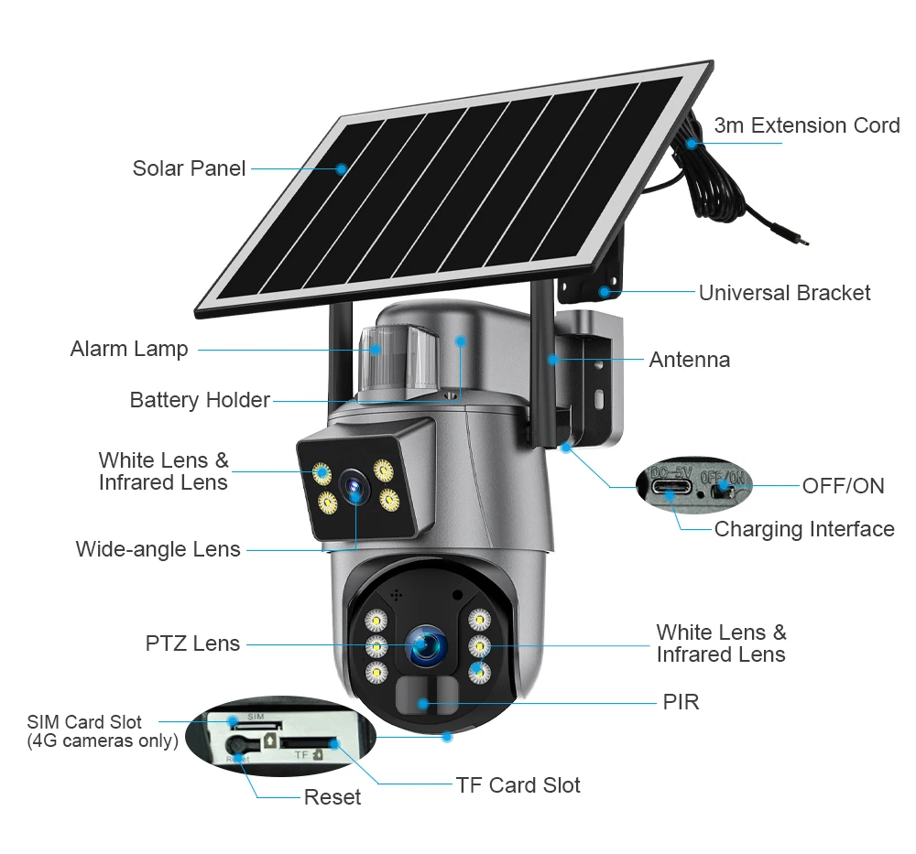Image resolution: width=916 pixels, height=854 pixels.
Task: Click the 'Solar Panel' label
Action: (x=189, y=168)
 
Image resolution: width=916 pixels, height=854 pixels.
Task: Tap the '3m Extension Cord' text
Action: (x=807, y=125)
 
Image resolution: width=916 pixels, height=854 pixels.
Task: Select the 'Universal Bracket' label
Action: (x=784, y=293)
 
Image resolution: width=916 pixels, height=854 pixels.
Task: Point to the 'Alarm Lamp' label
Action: (x=129, y=349)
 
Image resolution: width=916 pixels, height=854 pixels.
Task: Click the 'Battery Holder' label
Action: (x=200, y=400)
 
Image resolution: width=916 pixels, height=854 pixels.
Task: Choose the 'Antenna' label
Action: (x=690, y=360)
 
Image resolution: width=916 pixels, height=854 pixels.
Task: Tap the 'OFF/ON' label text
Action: (x=843, y=486)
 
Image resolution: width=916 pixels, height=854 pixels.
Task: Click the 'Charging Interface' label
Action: (x=804, y=529)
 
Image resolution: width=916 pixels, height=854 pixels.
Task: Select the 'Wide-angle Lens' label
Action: (x=158, y=549)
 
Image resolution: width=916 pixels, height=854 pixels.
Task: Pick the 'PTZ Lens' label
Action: (x=192, y=643)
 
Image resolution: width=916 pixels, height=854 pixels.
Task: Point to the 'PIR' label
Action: (x=681, y=702)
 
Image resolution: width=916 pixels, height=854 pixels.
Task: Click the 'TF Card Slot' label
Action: (x=518, y=785)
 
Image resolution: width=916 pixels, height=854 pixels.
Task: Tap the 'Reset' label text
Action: (x=333, y=797)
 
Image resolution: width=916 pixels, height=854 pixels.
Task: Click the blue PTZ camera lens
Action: (x=425, y=644)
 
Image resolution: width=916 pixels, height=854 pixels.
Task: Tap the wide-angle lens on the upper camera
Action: (x=351, y=487)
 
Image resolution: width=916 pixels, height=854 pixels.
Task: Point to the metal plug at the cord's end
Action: (x=802, y=242)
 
